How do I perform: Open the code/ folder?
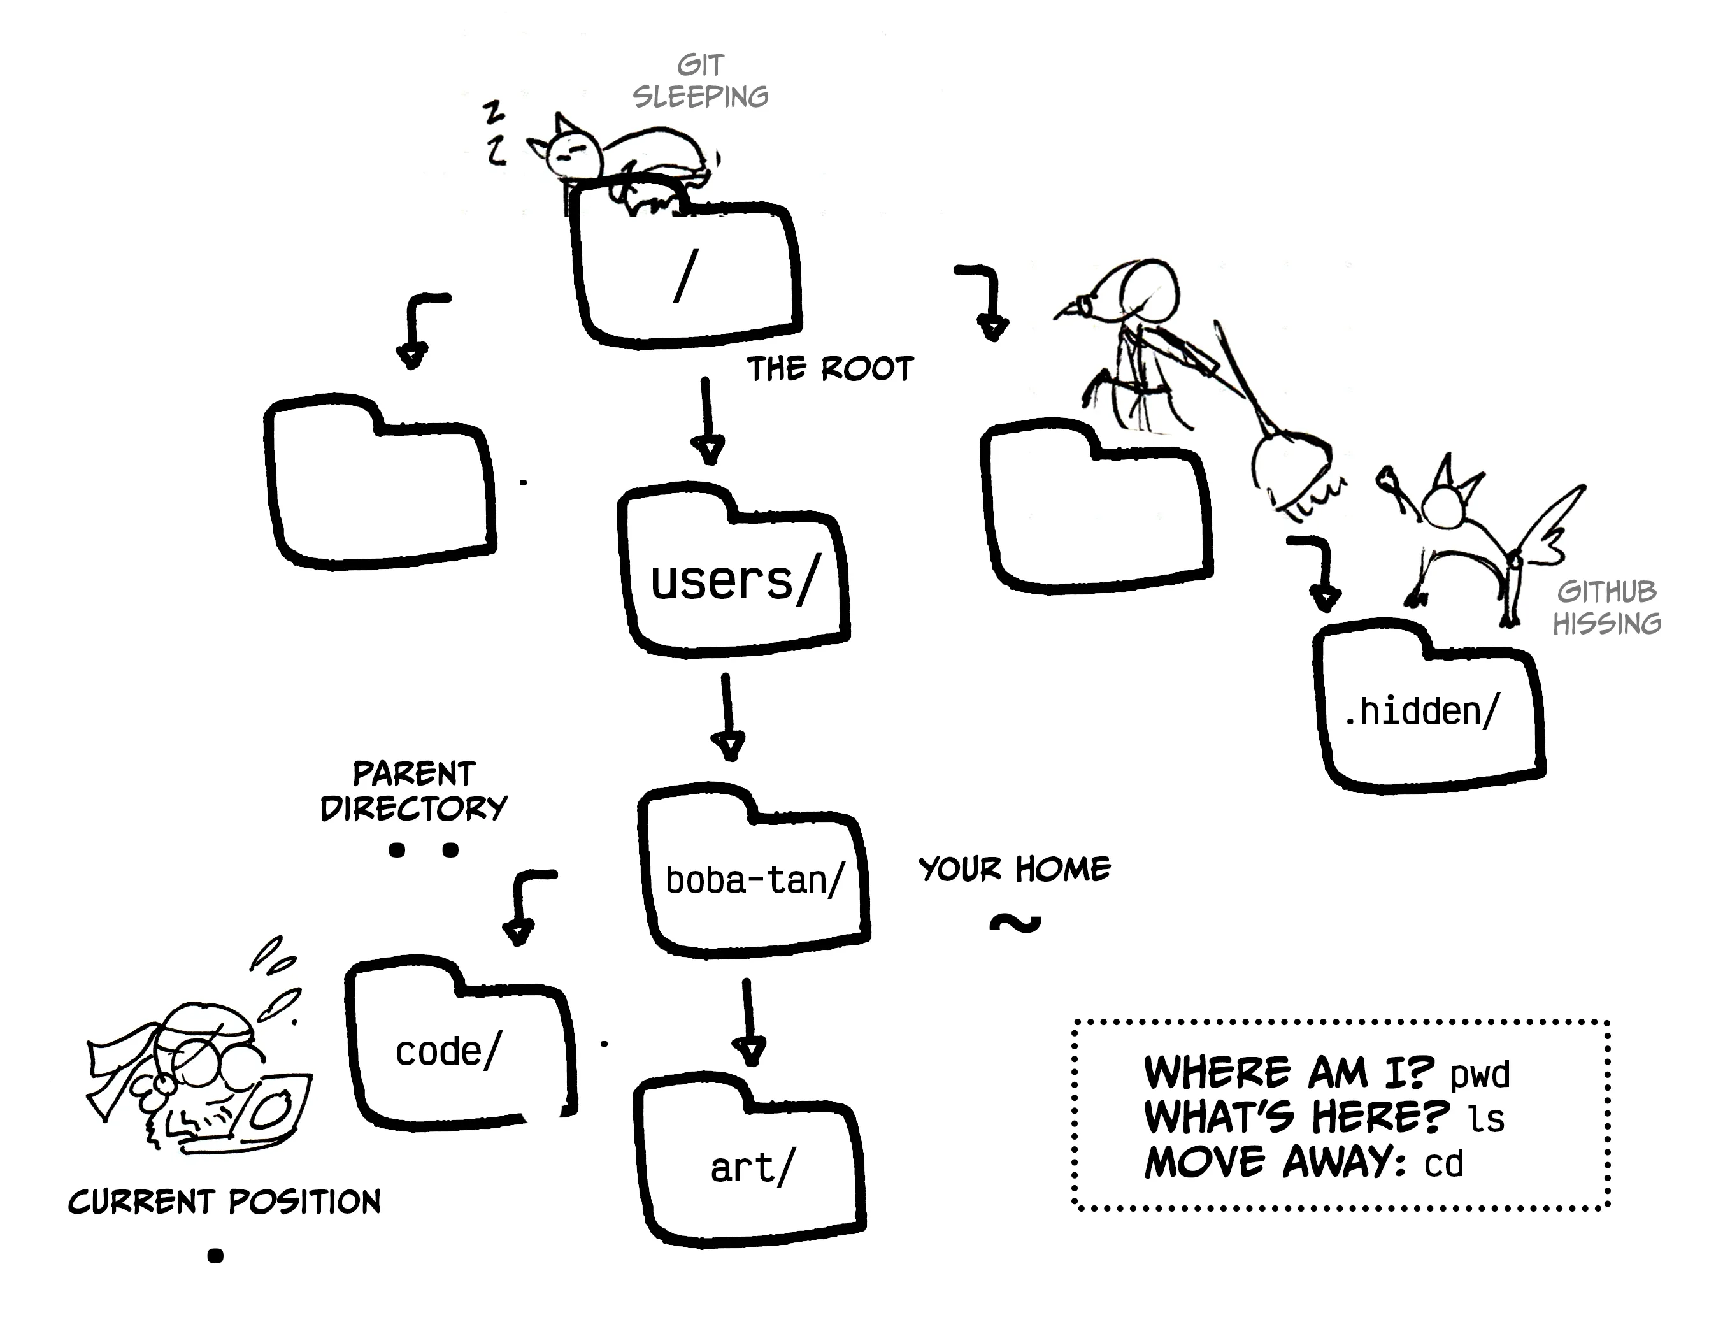[x=460, y=1049]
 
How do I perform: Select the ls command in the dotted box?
[x=1487, y=1118]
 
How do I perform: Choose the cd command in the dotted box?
[x=1444, y=1164]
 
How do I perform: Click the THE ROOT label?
[x=830, y=370]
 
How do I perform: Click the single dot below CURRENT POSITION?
[x=215, y=1256]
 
